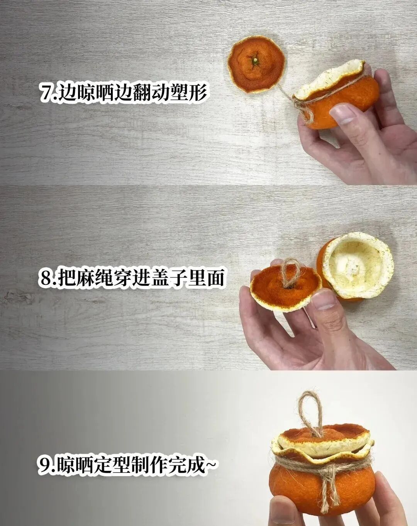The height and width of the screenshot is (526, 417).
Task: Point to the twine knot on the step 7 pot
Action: pos(303,105)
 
